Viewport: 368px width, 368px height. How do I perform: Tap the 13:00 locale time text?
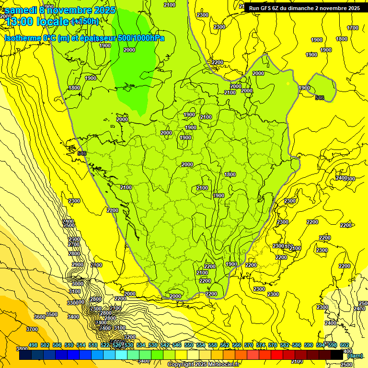pyautogui.click(x=36, y=22)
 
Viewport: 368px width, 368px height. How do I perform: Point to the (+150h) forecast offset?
pyautogui.click(x=85, y=22)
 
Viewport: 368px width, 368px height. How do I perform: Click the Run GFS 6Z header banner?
pyautogui.click(x=304, y=8)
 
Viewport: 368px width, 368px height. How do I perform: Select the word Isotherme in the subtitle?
pyautogui.click(x=22, y=38)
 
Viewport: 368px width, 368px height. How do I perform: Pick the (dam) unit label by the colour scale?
pyautogui.click(x=355, y=356)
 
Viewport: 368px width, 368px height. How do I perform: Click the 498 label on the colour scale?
pyautogui.click(x=33, y=345)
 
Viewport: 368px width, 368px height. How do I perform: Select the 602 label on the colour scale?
pyautogui.click(x=345, y=345)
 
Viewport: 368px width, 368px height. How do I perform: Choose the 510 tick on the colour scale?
pyautogui.click(x=69, y=345)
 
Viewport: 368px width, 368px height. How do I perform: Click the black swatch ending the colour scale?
pyautogui.click(x=337, y=356)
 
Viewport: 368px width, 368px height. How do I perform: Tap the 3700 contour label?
pyautogui.click(x=32, y=329)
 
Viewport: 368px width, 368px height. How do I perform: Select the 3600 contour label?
pyautogui.click(x=40, y=317)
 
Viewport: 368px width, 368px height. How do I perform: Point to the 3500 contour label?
pyautogui.click(x=52, y=314)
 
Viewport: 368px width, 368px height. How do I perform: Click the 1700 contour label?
pyautogui.click(x=353, y=28)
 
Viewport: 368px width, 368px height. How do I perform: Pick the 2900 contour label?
pyautogui.click(x=77, y=265)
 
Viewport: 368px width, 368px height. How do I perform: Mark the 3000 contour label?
pyautogui.click(x=77, y=284)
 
